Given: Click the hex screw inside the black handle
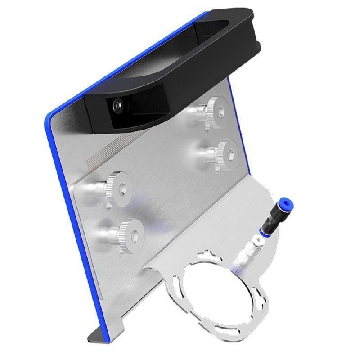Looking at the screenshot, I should point(117,105).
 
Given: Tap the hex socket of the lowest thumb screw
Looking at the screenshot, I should point(135,234).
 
